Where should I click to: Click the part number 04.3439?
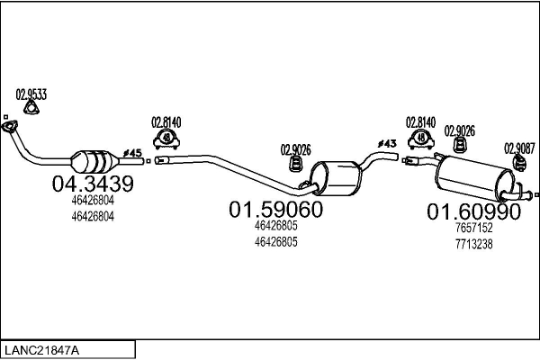pos(93,184)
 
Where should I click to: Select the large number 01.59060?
pos(276,209)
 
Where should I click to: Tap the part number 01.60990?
pos(474,211)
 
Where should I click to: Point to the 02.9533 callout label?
pos(31,94)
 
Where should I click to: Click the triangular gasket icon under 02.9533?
pos(31,107)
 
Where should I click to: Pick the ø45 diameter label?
pos(132,153)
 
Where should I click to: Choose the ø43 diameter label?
pos(387,143)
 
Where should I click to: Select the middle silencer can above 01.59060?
pos(336,178)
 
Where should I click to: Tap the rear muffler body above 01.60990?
pos(475,178)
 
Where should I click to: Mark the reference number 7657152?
pos(474,228)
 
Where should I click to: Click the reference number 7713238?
pos(474,244)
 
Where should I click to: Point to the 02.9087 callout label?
pos(519,148)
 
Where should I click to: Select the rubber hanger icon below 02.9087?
pos(519,163)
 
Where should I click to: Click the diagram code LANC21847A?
pos(41,350)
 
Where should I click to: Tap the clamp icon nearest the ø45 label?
pos(166,139)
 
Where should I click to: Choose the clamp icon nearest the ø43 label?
pos(421,139)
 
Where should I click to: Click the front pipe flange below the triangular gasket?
pos(10,126)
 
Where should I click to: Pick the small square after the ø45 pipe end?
pos(148,161)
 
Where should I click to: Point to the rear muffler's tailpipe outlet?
pos(526,195)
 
